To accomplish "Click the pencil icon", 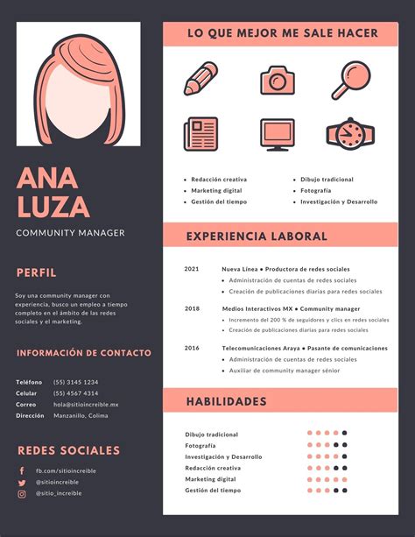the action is click(200, 79).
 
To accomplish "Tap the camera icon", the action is click(277, 80).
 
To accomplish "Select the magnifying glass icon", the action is click(355, 78).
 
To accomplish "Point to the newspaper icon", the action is click(200, 134).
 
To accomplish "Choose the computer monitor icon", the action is click(277, 134).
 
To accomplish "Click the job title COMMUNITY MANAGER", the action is click(70, 233).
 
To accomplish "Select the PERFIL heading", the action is click(36, 272).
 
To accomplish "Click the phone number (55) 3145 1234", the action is click(75, 382).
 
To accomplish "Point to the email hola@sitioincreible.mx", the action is click(85, 405).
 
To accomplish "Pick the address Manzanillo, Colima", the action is click(81, 416).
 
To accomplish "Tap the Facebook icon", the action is click(22, 470).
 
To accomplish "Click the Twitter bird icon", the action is click(22, 482).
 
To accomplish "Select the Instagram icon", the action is click(22, 493).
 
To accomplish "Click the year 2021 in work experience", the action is click(192, 269).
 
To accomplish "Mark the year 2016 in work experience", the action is click(192, 348).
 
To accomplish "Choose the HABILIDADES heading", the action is click(226, 401).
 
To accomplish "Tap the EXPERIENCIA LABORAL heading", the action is click(257, 236).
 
